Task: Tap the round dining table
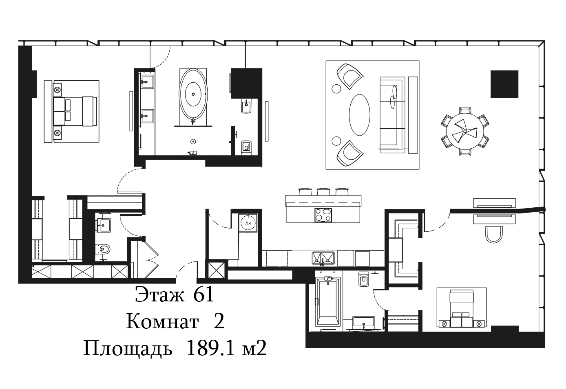pos(465,132)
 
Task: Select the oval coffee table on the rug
pos(359,115)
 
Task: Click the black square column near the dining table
pos(504,84)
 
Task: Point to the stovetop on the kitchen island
pos(323,215)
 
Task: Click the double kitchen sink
pos(323,258)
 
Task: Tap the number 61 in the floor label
pos(203,294)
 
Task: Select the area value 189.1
pos(211,348)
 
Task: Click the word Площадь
pos(128,348)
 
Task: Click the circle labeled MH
pos(248,223)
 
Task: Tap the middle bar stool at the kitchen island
pos(324,191)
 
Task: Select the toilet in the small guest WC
pos(103,250)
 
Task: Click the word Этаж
pos(160,294)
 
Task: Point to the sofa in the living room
pos(391,115)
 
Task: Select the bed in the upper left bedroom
pos(71,111)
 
